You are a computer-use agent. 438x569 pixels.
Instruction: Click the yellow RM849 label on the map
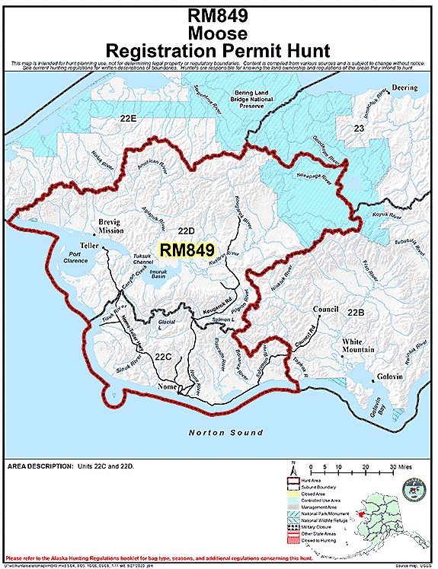point(187,250)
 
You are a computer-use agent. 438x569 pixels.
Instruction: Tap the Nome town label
point(167,386)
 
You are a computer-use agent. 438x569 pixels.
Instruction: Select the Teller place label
point(90,246)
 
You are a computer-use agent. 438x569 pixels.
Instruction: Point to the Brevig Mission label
point(110,226)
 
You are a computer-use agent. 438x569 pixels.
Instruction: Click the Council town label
point(326,310)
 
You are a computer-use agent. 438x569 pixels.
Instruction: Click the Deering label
point(405,87)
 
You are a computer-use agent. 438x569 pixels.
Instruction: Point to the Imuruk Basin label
point(158,274)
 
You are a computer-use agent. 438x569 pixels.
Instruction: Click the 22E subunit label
point(127,119)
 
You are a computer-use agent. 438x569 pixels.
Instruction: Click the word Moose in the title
point(218,33)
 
